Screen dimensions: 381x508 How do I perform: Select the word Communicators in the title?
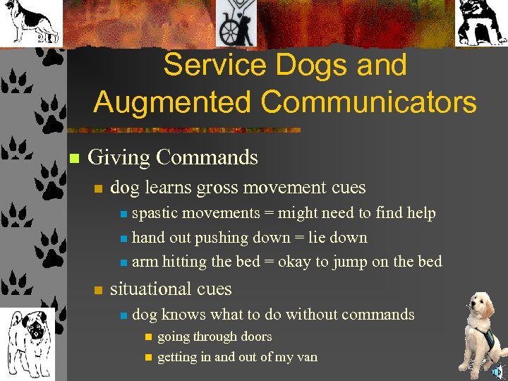[x=368, y=102]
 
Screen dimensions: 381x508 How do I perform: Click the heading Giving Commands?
[x=172, y=157]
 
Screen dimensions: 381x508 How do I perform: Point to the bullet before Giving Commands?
[x=73, y=157]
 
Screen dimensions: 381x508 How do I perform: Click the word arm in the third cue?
[x=145, y=262]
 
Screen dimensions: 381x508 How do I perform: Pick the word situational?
[x=151, y=289]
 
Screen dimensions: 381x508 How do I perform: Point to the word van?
[x=306, y=356]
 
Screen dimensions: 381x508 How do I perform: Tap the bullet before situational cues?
[x=98, y=289]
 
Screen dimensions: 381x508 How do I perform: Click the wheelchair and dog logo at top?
[x=237, y=23]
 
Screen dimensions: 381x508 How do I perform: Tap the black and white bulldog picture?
[x=481, y=23]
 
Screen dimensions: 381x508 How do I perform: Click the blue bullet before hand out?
[x=123, y=238]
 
